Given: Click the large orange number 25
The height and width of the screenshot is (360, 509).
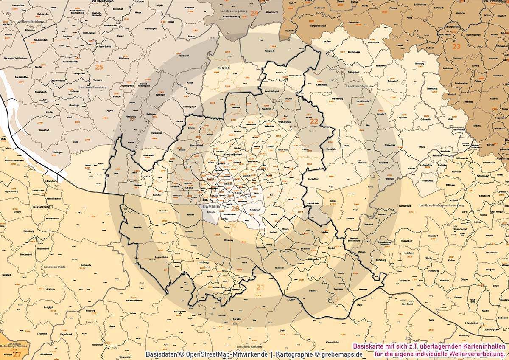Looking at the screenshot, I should (99, 67).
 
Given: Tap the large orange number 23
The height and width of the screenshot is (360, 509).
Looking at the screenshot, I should (456, 46).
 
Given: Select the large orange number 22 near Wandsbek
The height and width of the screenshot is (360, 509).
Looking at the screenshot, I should (314, 121).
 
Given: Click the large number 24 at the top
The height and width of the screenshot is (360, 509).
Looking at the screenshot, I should (254, 13).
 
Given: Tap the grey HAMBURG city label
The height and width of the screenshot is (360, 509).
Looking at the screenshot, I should (213, 207).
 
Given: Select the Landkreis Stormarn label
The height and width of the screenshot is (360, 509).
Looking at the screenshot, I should (359, 86).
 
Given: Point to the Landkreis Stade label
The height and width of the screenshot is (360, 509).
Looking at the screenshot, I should (55, 267).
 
